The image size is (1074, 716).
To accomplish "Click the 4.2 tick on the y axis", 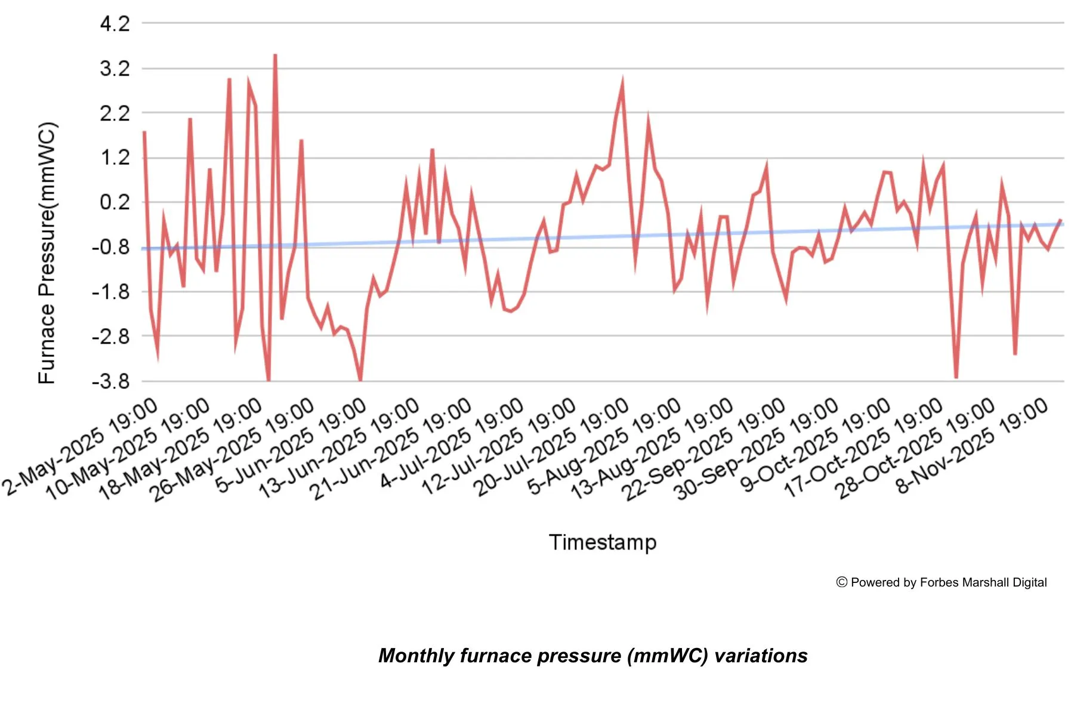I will pos(115,24).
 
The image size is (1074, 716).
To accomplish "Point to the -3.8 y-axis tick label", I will pos(111,381).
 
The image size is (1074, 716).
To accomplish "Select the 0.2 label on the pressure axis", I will pos(115,202).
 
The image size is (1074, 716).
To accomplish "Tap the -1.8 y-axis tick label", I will pos(111,292).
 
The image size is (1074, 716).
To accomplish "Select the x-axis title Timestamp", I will pos(603,542).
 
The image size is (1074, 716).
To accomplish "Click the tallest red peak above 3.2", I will pos(275,55).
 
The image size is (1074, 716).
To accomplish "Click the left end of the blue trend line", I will pos(144,249).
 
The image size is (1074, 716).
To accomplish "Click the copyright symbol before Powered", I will pos(842,582).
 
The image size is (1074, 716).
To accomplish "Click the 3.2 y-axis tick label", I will pos(115,69).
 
